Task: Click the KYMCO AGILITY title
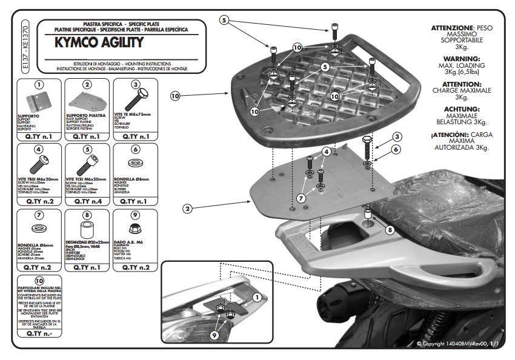point(99,42)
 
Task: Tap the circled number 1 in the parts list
point(38,84)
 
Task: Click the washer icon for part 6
point(135,164)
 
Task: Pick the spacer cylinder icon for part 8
point(87,227)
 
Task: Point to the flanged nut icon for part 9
point(135,227)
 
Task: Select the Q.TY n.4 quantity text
point(87,201)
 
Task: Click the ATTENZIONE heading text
point(451,28)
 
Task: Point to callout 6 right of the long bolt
point(395,148)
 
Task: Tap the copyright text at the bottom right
point(457,344)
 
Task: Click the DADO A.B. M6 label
point(134,242)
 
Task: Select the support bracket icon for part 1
point(37,101)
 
